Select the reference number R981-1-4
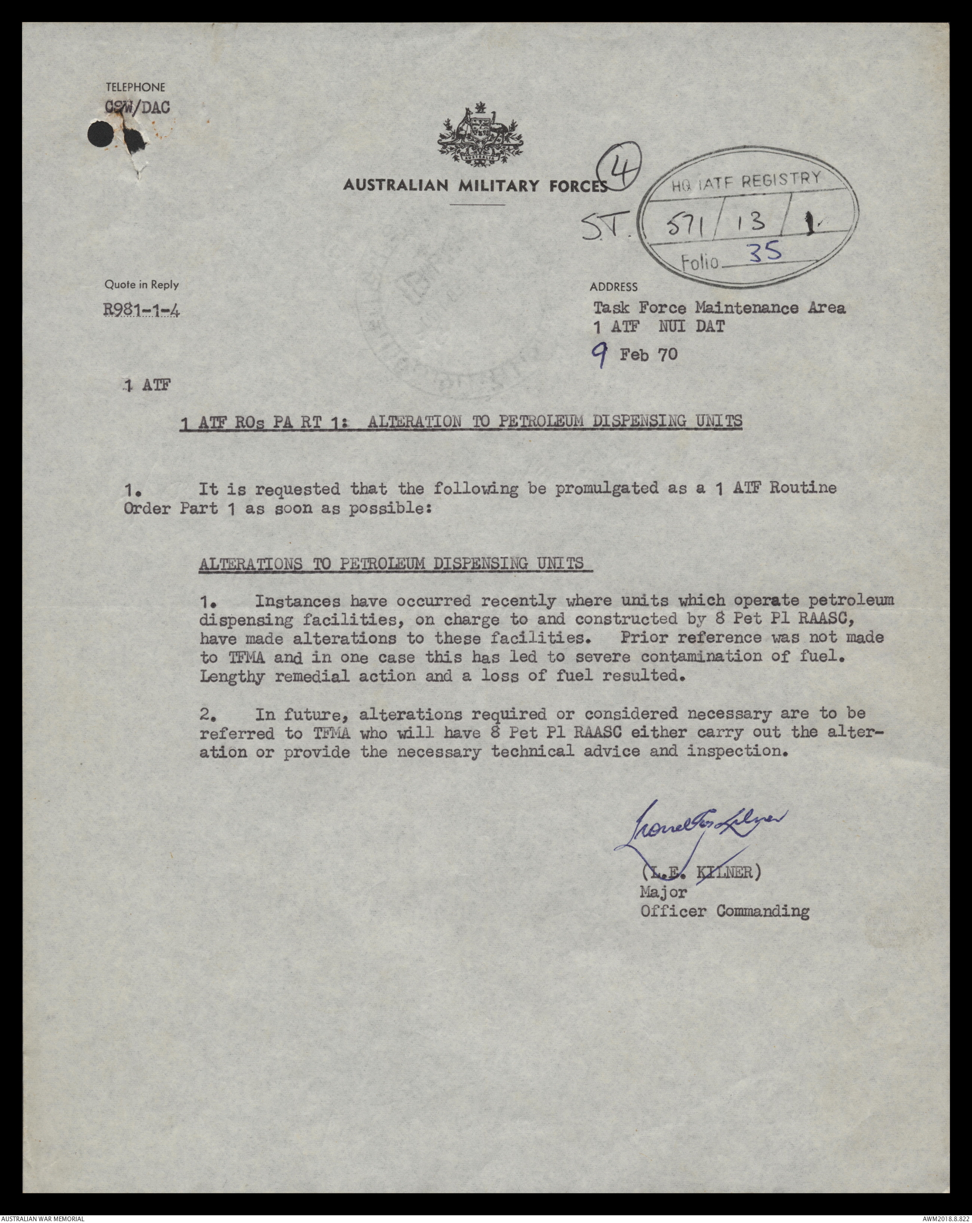[x=141, y=310]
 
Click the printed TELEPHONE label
[x=135, y=87]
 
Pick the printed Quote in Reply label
[x=141, y=285]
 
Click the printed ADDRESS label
[x=614, y=287]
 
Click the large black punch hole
[x=100, y=135]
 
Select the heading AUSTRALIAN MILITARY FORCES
[x=475, y=186]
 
